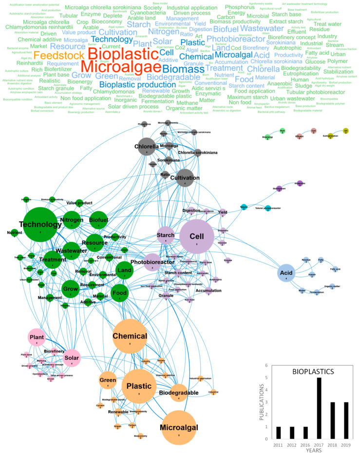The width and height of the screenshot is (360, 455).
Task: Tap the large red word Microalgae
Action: [121, 67]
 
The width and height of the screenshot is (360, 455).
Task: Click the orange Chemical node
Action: [130, 336]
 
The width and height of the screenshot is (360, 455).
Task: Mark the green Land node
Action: [125, 271]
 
